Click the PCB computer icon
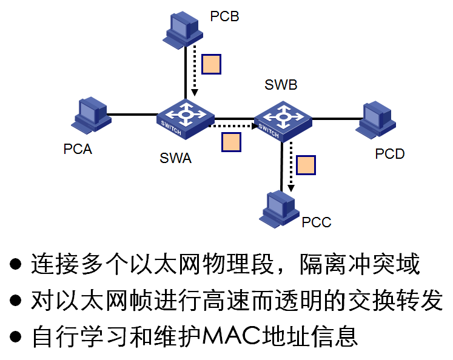(181, 30)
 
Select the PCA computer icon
(90, 115)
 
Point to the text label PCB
(224, 16)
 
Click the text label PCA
(78, 149)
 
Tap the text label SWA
(175, 159)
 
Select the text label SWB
(281, 85)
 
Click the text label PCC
(317, 222)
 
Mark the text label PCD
(389, 155)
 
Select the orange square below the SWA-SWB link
(231, 142)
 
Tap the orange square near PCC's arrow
(306, 165)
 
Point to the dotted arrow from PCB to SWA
(195, 73)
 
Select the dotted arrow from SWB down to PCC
(290, 167)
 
